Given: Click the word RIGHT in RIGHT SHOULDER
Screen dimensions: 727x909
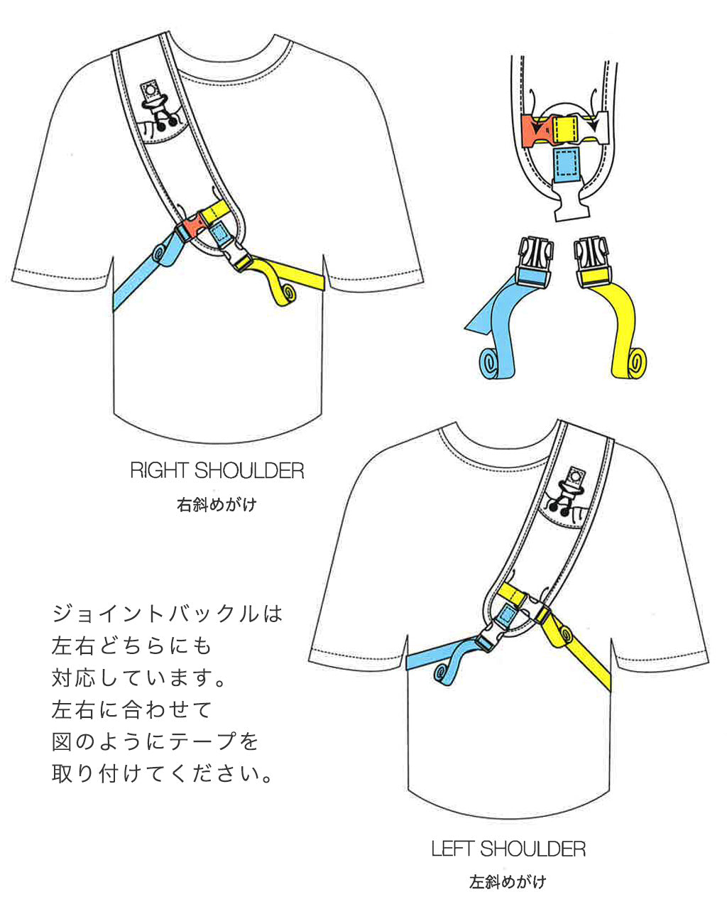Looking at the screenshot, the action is pos(159,471).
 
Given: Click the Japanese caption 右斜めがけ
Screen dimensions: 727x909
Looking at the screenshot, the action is pos(217,505).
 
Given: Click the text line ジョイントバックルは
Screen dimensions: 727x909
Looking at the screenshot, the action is pos(167,614).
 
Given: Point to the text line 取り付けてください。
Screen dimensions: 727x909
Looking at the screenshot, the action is pos(162,773).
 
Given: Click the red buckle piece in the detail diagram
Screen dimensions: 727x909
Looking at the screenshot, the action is pos(537,131).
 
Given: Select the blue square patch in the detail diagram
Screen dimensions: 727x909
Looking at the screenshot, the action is pos(566,165).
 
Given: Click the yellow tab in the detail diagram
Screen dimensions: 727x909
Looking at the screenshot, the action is pos(566,130).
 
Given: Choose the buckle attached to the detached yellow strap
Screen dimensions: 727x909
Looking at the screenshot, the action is pos(593,262).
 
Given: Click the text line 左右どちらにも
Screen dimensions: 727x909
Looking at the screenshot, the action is pos(131,646).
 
